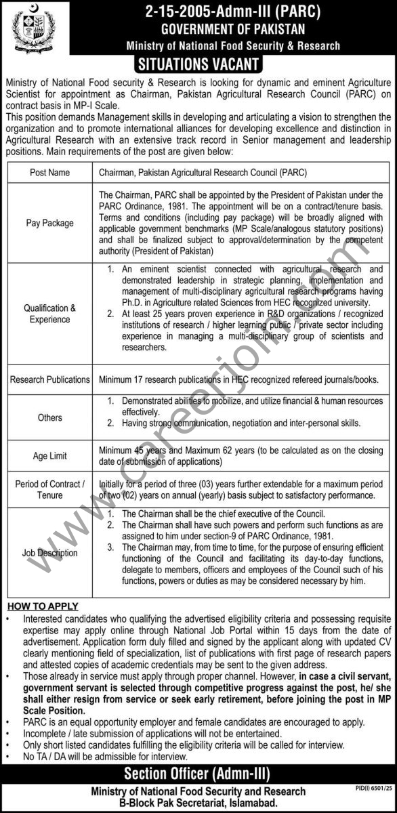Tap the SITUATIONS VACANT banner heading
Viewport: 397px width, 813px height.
tap(198, 65)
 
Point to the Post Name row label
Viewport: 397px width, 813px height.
tap(49, 173)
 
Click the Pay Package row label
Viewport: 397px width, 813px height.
tap(49, 223)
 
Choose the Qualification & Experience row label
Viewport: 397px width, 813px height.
tap(49, 313)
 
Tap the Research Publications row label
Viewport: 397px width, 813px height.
tap(49, 380)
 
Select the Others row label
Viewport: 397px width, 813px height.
tap(49, 417)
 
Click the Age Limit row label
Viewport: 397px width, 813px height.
tap(49, 456)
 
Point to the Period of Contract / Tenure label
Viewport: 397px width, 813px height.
tap(49, 490)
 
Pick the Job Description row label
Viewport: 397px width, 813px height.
tap(49, 553)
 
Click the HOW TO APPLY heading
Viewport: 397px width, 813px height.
tap(42, 606)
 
